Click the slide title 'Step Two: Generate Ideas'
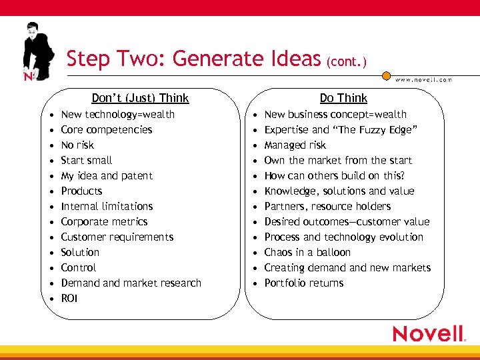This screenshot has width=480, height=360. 193,59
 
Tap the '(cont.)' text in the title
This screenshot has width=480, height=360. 347,62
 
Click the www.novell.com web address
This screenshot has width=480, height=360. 423,79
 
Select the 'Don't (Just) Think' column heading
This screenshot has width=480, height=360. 140,98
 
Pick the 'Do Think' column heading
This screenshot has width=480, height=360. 343,98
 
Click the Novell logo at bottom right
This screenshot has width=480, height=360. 428,333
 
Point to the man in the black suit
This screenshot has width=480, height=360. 37,50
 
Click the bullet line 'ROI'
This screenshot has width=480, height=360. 69,299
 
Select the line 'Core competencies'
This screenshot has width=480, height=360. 107,130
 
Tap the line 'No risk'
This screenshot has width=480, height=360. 77,145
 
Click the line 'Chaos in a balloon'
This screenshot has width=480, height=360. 307,253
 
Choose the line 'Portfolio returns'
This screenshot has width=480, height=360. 304,283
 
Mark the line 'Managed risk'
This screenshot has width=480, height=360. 295,145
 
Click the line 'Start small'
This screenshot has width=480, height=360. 87,161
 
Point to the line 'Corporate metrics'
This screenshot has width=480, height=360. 104,222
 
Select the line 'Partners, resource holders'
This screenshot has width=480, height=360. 327,207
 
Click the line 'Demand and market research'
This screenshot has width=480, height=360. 131,283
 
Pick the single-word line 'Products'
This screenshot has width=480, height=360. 81,191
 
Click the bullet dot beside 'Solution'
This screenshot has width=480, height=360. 51,253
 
